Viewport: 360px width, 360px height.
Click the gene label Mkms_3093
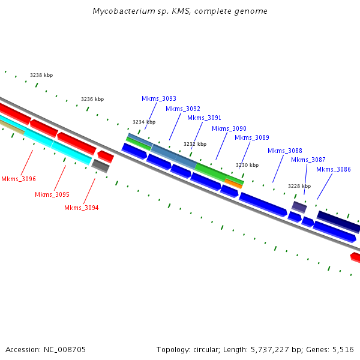[159, 98]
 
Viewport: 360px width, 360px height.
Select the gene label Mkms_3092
[183, 109]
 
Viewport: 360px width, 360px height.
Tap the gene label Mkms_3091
[204, 118]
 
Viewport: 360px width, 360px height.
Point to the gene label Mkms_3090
[229, 128]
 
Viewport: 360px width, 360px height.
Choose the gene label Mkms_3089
[252, 137]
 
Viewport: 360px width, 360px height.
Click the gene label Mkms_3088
[285, 151]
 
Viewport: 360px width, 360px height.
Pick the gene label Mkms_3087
[308, 160]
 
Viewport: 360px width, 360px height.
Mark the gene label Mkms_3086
[334, 169]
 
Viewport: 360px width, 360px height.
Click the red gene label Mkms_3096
[19, 179]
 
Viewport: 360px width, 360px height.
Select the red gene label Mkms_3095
[52, 194]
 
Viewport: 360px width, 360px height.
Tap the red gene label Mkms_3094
[82, 208]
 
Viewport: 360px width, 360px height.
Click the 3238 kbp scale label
[41, 75]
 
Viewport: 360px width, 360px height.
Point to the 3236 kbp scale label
[92, 99]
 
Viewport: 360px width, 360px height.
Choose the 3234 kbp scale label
[144, 122]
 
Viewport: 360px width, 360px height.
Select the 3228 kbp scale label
[299, 186]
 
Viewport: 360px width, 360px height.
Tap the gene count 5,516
[343, 349]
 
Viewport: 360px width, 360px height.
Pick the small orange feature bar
[233, 183]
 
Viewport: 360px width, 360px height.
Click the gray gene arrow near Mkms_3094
[100, 166]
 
